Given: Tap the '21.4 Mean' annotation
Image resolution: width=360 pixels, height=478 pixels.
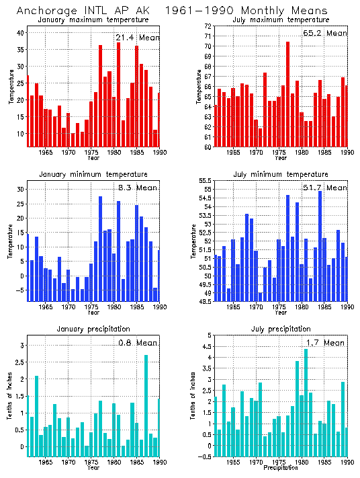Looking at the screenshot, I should coord(137,38).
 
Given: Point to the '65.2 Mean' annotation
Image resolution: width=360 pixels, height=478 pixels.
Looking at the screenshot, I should coord(325,33).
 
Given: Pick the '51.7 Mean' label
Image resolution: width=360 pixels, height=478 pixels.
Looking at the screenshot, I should coord(325,188).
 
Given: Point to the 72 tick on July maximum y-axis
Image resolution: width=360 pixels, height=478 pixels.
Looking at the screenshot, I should coord(208,26).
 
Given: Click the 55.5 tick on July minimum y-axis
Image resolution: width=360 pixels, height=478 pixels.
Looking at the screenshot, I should coord(205,181).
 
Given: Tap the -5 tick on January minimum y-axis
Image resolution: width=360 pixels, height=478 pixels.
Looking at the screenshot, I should coord(19,290).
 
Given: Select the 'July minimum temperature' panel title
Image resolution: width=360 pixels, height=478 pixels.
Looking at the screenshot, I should coord(282,174).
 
